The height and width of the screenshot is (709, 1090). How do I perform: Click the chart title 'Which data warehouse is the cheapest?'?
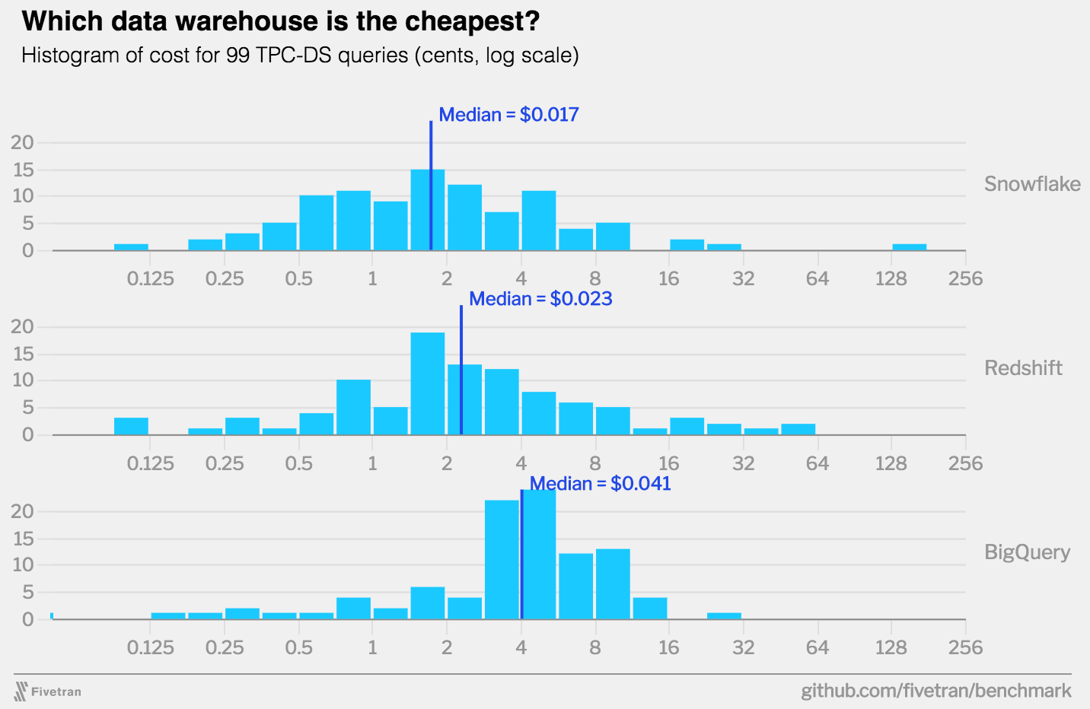tap(280, 21)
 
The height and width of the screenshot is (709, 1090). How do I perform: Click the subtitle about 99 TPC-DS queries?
tap(300, 56)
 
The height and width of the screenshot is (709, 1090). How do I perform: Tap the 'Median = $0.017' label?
tap(508, 115)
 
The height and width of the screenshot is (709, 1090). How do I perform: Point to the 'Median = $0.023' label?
tap(540, 299)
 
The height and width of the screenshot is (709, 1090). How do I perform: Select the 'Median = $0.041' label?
tap(601, 484)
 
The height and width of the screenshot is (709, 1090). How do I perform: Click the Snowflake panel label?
tap(1032, 184)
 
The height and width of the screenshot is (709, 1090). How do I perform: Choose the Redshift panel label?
tap(1023, 368)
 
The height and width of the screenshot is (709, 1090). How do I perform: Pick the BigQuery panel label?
tap(1027, 552)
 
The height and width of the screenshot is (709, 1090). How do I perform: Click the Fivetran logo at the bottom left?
tap(47, 692)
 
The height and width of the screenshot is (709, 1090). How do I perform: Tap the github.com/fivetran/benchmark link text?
tap(936, 691)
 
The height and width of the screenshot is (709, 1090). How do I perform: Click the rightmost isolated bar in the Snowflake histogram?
tap(910, 247)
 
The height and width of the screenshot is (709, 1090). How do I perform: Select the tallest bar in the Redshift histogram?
tap(428, 383)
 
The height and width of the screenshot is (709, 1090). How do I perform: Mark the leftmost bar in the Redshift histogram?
tap(131, 426)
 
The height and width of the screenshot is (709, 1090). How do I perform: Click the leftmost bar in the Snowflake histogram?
tap(131, 247)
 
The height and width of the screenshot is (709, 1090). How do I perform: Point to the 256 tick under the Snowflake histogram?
tap(965, 279)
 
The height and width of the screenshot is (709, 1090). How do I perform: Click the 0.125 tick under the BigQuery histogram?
tap(150, 648)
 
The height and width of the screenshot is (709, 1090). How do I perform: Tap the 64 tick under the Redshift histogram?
tap(817, 464)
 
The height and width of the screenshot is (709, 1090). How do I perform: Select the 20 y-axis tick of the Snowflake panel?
tap(23, 142)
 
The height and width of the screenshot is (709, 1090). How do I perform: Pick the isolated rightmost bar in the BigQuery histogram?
tap(724, 615)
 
